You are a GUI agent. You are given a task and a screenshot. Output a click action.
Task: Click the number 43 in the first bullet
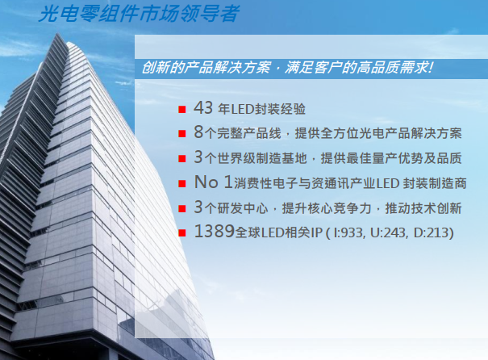coord(203,107)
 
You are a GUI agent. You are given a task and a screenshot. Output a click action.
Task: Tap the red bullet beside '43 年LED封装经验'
coord(182,109)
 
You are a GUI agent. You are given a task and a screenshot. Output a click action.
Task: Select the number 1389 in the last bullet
coord(214,232)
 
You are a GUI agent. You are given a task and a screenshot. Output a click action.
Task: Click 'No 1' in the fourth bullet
coord(213,182)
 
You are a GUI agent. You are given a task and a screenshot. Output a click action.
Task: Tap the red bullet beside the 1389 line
coord(182,233)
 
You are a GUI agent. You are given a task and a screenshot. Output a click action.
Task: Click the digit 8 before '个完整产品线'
coord(198,132)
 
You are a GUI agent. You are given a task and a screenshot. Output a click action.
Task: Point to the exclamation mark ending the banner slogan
coord(431,67)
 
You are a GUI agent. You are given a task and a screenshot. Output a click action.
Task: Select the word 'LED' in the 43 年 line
coord(242,109)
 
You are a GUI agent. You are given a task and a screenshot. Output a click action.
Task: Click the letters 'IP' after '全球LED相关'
coord(316,233)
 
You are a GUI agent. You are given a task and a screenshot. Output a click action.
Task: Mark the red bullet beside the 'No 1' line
coord(182,183)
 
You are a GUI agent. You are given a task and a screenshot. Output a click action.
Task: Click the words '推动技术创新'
coord(423,208)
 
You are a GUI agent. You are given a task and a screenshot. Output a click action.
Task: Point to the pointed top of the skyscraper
coord(57,34)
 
